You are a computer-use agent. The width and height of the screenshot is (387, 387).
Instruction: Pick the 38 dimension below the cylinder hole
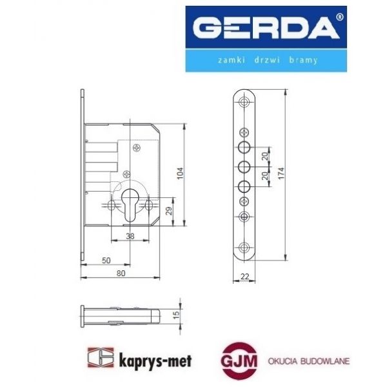tap(130, 236)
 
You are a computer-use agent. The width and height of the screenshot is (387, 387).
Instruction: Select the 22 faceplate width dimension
tap(244, 276)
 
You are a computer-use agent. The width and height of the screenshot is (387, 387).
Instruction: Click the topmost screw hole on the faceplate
tap(244, 102)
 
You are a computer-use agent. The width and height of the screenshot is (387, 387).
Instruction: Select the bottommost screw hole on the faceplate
tap(244, 247)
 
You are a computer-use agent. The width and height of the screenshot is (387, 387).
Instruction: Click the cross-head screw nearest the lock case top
tap(135, 148)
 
